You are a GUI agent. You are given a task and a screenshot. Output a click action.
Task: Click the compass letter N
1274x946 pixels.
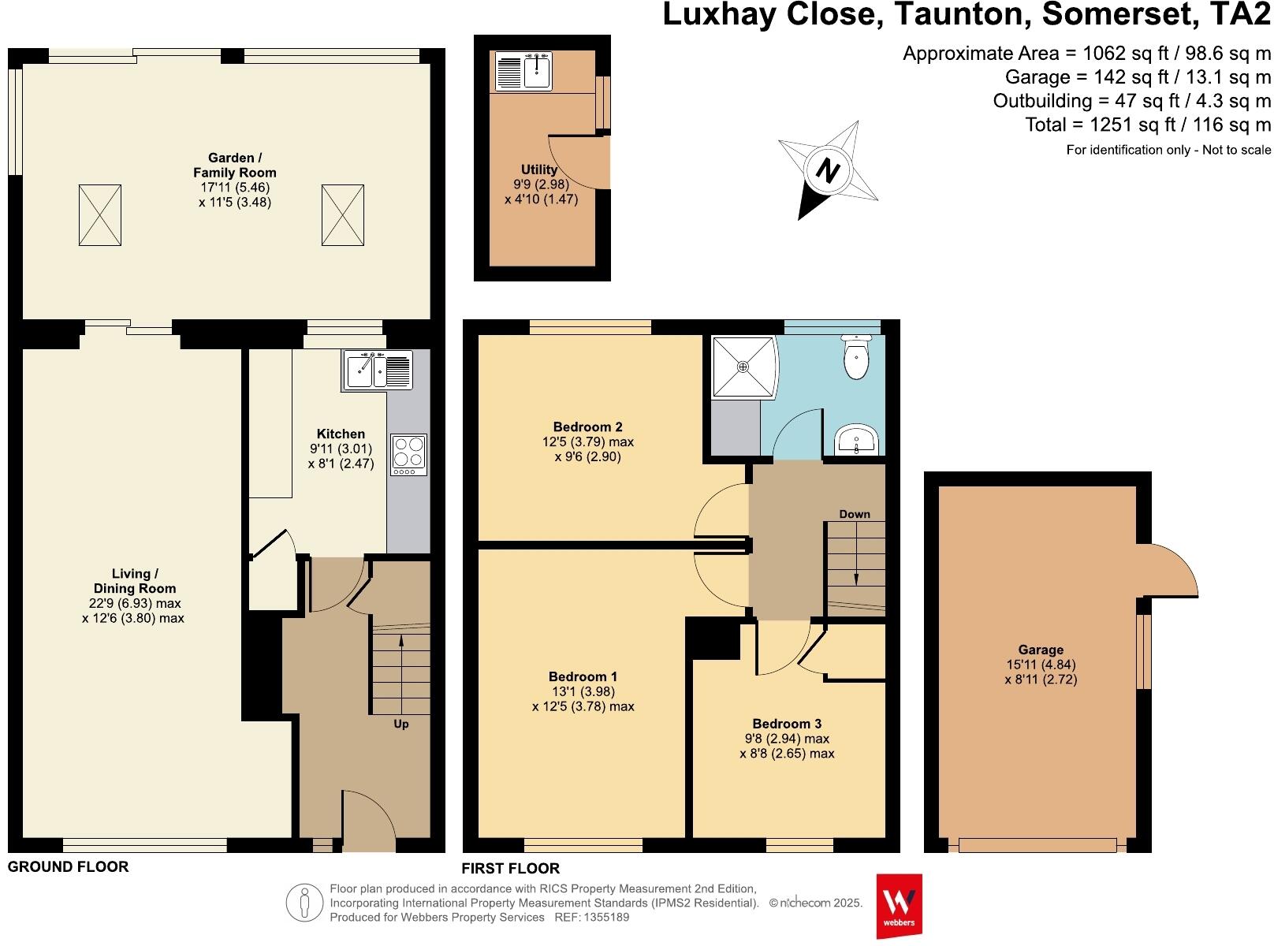tap(826, 170)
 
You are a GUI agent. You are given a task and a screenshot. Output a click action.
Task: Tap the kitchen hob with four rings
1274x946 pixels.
tap(408, 454)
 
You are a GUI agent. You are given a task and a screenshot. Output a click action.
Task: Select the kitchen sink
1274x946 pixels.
tap(378, 370)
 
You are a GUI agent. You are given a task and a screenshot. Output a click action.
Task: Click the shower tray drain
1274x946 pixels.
tap(743, 367)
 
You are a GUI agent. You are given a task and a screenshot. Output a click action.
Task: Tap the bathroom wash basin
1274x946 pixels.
tap(855, 440)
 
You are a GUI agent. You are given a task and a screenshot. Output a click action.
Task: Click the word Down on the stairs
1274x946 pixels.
tap(855, 514)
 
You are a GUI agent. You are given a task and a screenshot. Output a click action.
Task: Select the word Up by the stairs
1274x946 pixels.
tap(401, 724)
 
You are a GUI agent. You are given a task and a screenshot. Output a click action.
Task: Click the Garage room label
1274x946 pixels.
tap(1041, 650)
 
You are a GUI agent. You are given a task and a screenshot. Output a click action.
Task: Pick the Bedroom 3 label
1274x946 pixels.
tap(787, 724)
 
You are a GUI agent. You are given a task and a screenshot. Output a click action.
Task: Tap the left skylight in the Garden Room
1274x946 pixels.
tap(100, 214)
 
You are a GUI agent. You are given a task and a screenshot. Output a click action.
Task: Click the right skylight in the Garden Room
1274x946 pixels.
tap(343, 214)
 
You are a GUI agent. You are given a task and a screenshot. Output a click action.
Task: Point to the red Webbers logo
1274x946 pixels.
tap(899, 905)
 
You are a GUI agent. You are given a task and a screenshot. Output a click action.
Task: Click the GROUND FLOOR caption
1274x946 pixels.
tap(68, 867)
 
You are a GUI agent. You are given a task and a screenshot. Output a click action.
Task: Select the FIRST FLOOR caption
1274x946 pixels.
tap(511, 869)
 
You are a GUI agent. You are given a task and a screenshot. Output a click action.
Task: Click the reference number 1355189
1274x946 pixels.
tap(605, 917)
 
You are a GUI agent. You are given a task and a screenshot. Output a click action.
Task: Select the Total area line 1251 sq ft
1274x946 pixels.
tap(1148, 125)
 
